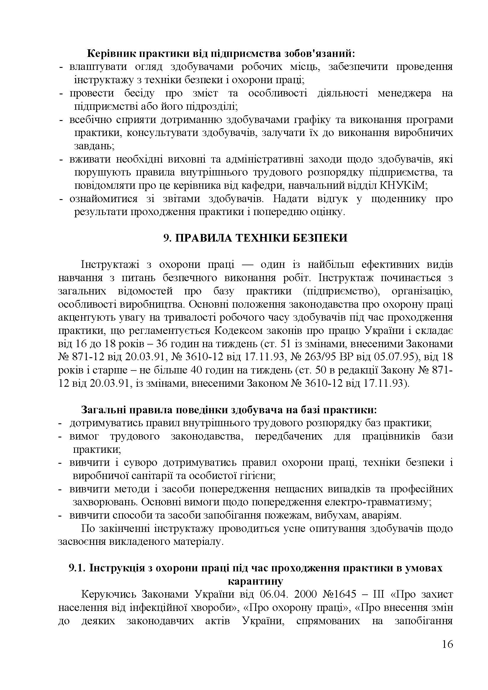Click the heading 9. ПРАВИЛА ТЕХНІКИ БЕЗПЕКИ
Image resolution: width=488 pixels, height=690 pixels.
point(255,238)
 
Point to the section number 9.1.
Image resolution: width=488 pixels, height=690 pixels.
point(77,568)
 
